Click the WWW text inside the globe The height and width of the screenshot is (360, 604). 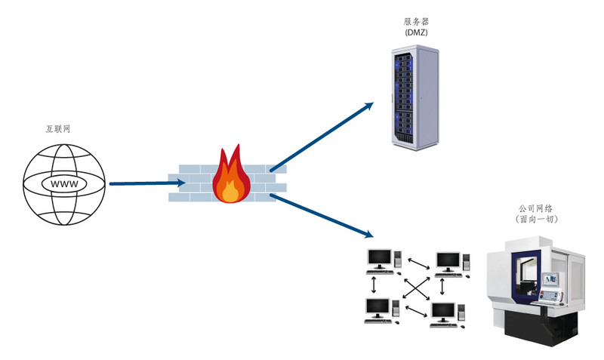coord(63,183)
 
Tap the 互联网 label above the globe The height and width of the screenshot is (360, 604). coord(58,129)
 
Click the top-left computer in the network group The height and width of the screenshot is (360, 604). coord(379,260)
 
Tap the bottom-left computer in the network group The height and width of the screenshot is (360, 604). coord(378,309)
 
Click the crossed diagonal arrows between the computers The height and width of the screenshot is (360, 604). coord(413,287)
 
